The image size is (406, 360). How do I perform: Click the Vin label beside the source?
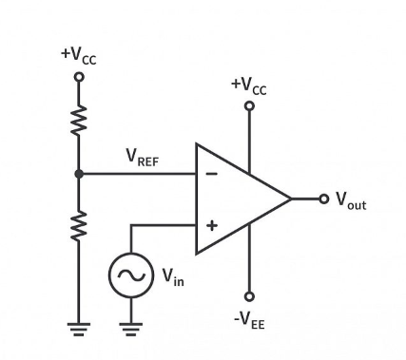(172, 276)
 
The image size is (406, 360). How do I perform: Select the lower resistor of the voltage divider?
(79, 224)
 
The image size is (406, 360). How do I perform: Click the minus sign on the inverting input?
(211, 174)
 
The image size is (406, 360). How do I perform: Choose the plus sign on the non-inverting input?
(211, 226)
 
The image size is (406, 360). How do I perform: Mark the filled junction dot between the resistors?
(79, 174)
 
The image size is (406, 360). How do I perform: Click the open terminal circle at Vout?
(323, 199)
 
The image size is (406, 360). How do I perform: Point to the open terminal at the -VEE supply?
(249, 295)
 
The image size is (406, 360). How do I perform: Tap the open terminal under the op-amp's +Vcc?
(249, 105)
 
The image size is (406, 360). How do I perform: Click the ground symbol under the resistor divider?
(79, 330)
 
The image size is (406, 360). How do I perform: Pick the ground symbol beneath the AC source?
(130, 330)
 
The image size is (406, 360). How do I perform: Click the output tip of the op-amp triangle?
(290, 199)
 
